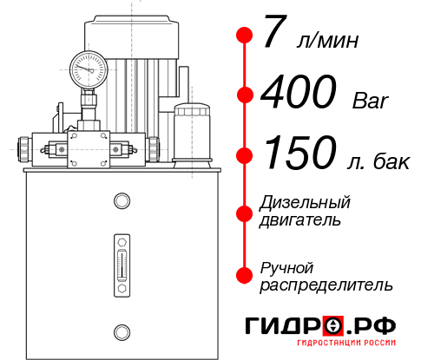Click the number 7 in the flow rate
[x=275, y=36]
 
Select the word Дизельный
[x=304, y=203]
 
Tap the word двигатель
[x=300, y=220]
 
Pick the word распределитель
[x=326, y=285]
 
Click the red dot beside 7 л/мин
[x=244, y=36]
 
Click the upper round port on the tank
[x=122, y=201]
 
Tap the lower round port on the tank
[x=122, y=330]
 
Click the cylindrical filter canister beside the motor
[x=191, y=132]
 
